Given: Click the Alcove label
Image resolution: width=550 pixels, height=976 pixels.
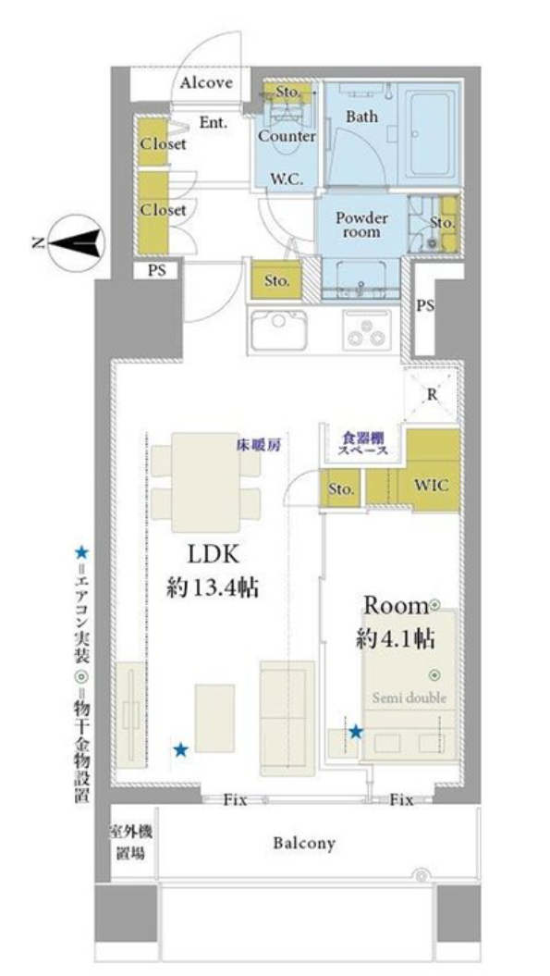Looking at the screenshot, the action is point(206,82).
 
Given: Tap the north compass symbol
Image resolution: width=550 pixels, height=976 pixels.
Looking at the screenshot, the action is point(76,242).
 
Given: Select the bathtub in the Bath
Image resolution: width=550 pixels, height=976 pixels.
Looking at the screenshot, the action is point(429,132).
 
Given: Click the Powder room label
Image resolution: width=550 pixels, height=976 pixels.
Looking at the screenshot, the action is point(361,224).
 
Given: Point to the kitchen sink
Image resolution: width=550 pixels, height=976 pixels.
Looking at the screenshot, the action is point(279,329).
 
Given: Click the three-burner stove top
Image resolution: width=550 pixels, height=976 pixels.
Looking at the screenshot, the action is point(366,329).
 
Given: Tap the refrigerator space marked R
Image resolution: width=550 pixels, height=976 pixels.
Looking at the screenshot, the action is point(432,395).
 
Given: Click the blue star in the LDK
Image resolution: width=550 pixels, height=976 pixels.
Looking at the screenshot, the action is point(180,749).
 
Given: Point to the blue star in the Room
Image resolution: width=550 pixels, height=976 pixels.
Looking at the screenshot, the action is point(355,732).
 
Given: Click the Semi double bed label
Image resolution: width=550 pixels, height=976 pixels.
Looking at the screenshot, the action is point(409,698).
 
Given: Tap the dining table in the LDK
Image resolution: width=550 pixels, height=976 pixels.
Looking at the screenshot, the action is point(206,482).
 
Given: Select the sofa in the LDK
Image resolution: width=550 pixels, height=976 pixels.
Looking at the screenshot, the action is point(287,718).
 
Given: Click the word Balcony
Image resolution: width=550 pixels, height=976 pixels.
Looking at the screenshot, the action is point(304,844).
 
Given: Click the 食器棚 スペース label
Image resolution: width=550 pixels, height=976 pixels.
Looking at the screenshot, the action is point(362,443).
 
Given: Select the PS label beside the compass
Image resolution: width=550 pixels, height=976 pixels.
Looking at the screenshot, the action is point(157,271).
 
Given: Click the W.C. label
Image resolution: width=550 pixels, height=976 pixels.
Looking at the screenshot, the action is point(287,179).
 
